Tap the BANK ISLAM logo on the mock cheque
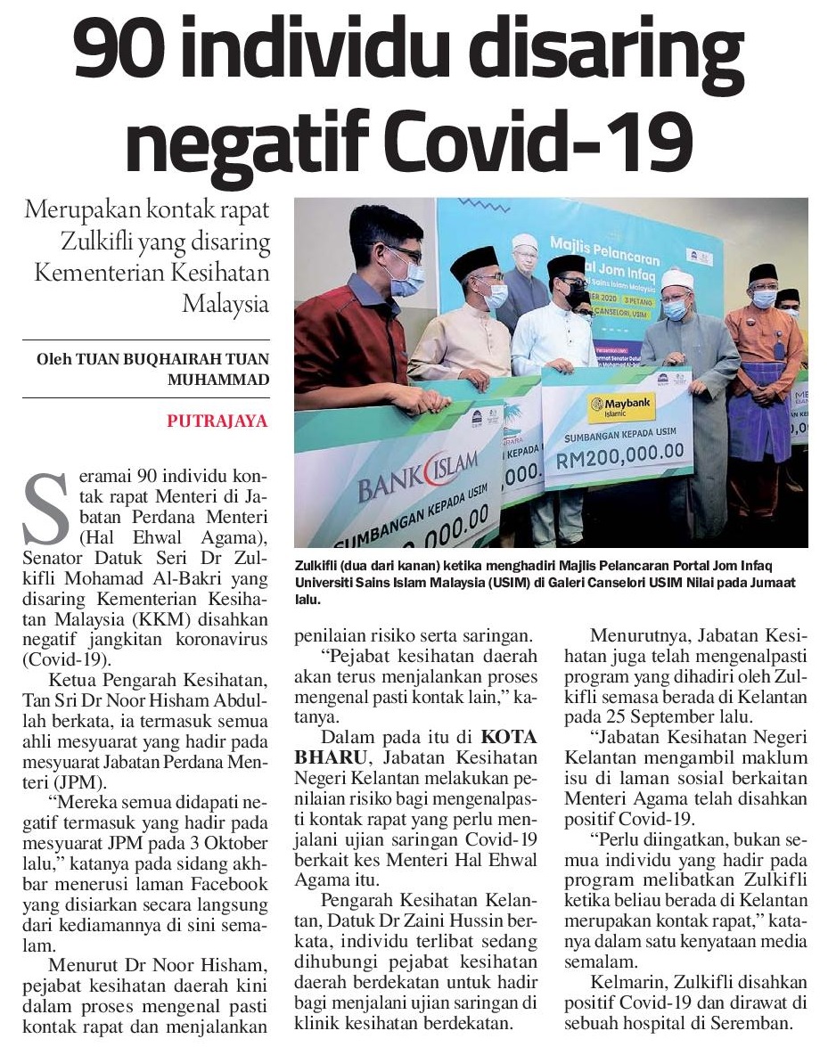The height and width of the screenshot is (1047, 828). coord(419,476)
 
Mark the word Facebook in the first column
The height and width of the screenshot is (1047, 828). coord(226,885)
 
